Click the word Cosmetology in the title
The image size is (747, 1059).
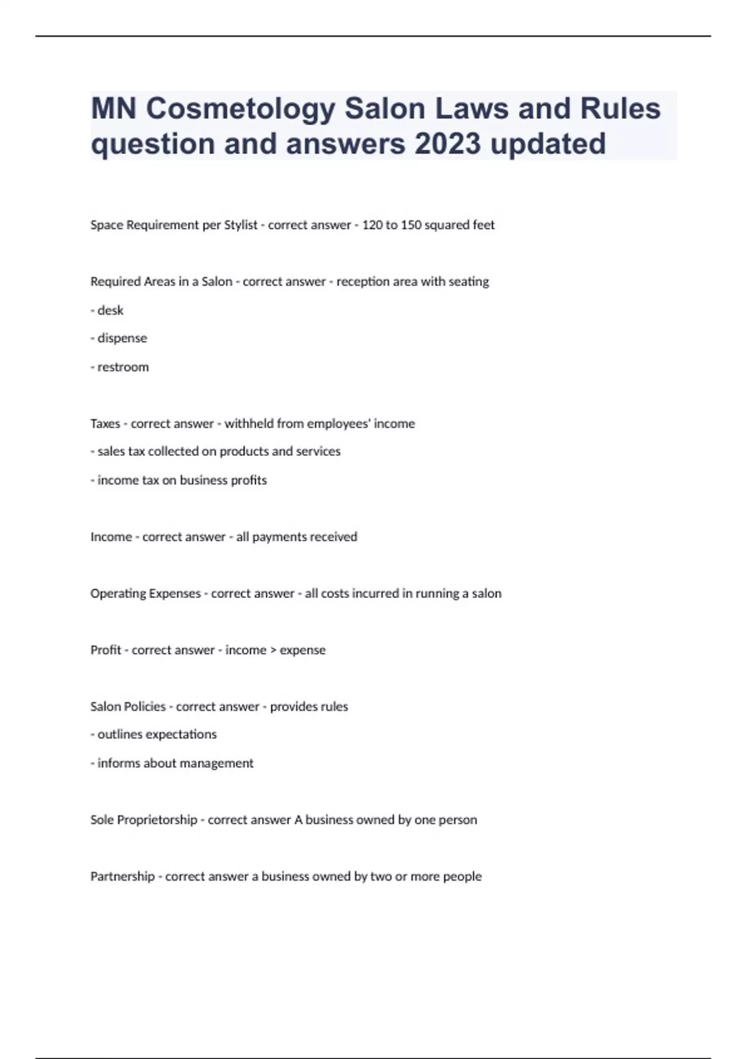[x=240, y=109]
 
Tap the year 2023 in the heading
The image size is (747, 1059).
[x=447, y=144]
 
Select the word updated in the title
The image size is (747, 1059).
[x=548, y=144]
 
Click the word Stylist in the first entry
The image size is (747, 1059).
[x=240, y=225]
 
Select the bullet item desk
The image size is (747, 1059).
[x=110, y=310]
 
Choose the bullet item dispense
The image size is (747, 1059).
[x=122, y=338]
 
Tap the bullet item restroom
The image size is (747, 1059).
[x=123, y=367]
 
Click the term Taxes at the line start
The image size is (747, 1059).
[x=105, y=424]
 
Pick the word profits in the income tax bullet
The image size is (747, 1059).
[x=249, y=480]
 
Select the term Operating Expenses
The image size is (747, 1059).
[x=146, y=594]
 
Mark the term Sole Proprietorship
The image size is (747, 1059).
[x=144, y=820]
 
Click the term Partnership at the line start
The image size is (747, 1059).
[x=122, y=876]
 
